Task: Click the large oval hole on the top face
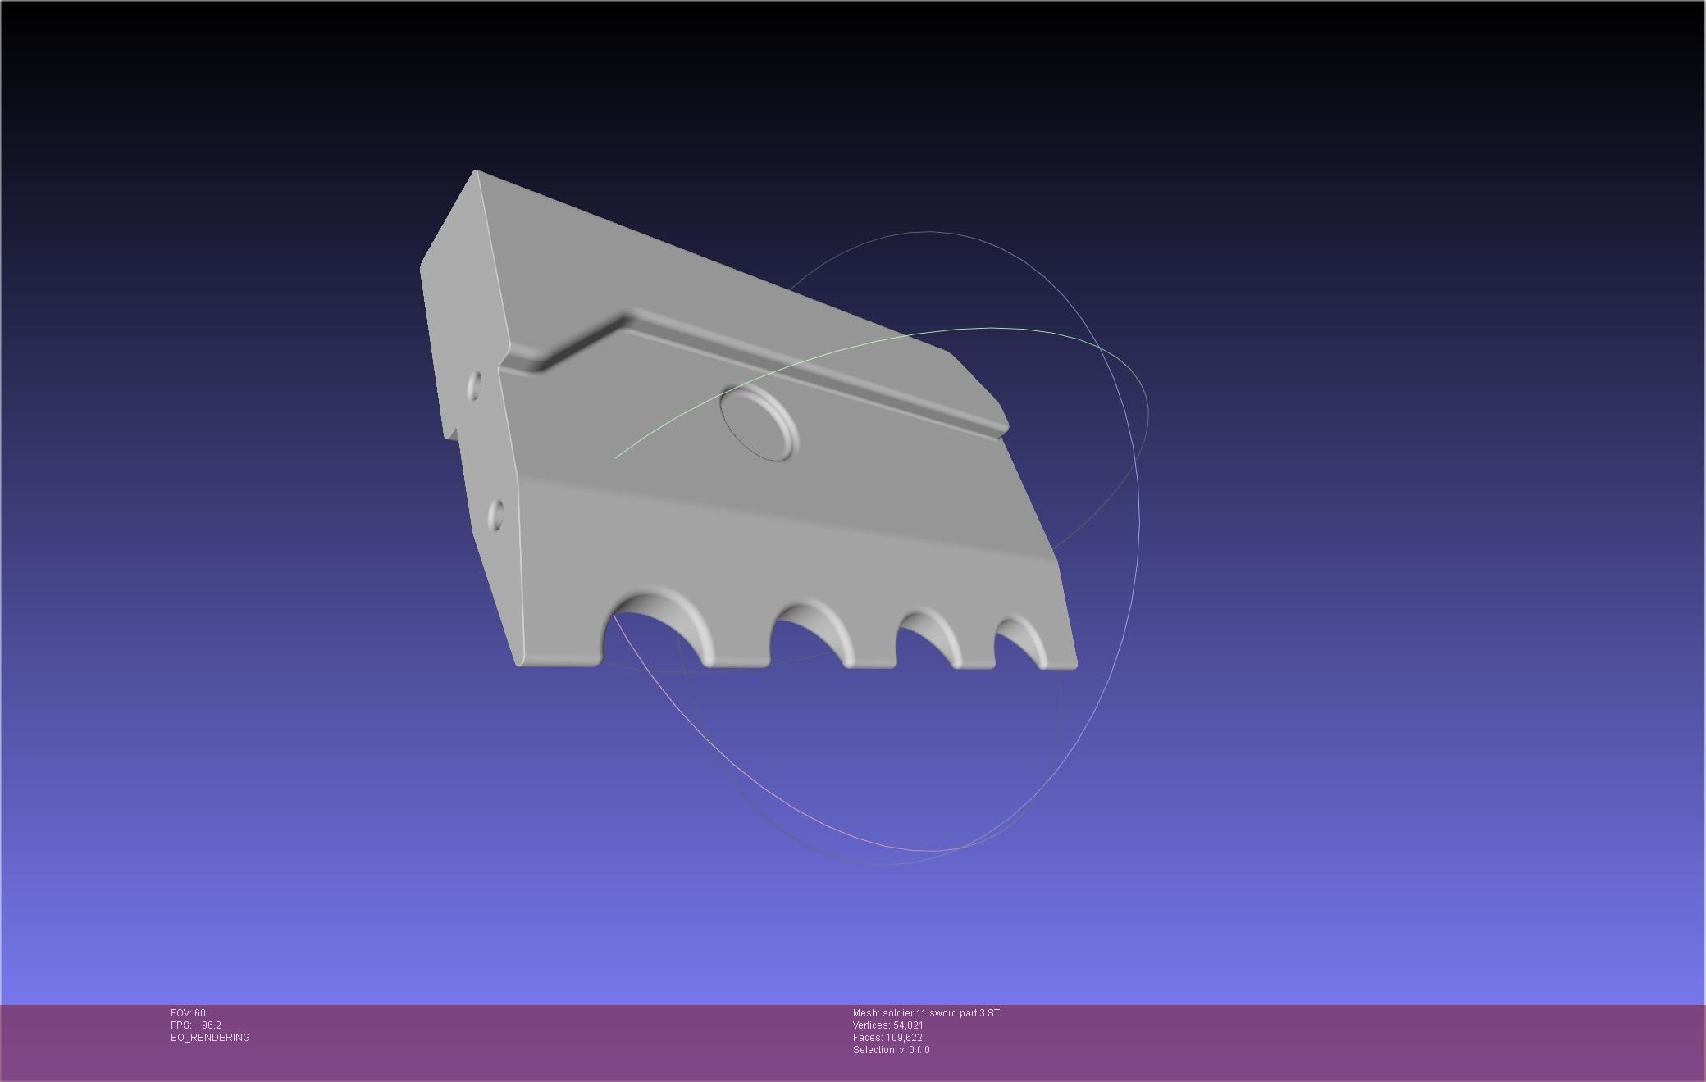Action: (x=759, y=423)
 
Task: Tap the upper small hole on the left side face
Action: (x=475, y=386)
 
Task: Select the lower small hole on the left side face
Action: (x=496, y=515)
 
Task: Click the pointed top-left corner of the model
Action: (x=476, y=172)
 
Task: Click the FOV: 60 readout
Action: (x=188, y=1013)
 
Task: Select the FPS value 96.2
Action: (x=211, y=1025)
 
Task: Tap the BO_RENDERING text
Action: (x=210, y=1038)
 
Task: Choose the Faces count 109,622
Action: (x=904, y=1038)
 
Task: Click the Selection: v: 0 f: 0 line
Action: (x=891, y=1050)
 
